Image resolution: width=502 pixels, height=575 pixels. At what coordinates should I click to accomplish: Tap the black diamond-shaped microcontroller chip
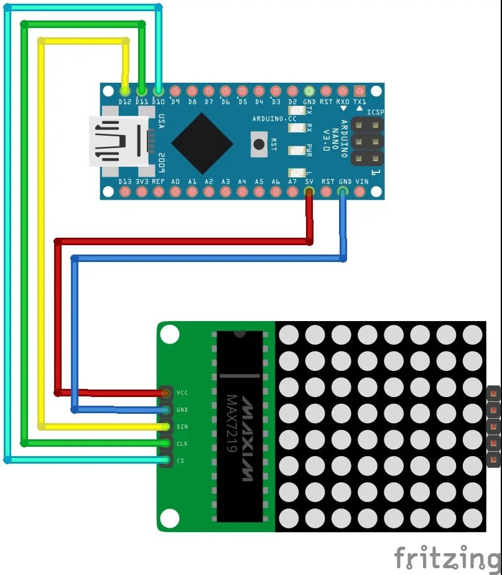(202, 143)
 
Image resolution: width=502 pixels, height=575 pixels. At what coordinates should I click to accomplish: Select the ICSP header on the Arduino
(366, 141)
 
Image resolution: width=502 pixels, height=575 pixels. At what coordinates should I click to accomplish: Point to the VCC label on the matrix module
(182, 393)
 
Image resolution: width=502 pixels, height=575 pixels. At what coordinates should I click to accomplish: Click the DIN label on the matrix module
(182, 426)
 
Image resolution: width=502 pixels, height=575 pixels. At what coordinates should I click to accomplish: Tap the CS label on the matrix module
(180, 460)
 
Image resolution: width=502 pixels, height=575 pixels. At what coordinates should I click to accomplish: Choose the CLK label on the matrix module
(182, 444)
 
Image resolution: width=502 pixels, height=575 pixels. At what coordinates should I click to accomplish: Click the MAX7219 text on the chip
(231, 423)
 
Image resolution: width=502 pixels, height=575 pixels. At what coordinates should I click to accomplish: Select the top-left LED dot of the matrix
(289, 334)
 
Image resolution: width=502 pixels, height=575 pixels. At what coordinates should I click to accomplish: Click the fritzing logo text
(447, 558)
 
